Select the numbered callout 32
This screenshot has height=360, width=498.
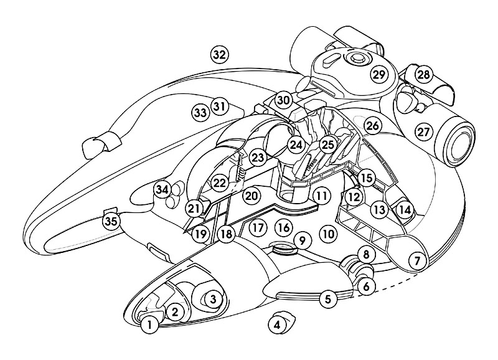tap(218, 54)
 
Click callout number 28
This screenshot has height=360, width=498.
tap(423, 75)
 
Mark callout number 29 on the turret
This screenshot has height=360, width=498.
tap(379, 75)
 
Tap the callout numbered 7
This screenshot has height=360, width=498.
tap(418, 260)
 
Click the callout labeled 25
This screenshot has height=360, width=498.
tap(328, 144)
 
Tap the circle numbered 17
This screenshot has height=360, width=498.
tap(258, 227)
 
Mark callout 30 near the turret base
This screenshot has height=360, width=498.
tap(284, 100)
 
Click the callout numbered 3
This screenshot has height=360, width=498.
tap(212, 299)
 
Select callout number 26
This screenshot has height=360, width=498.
tap(372, 125)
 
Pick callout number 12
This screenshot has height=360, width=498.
tap(354, 197)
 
